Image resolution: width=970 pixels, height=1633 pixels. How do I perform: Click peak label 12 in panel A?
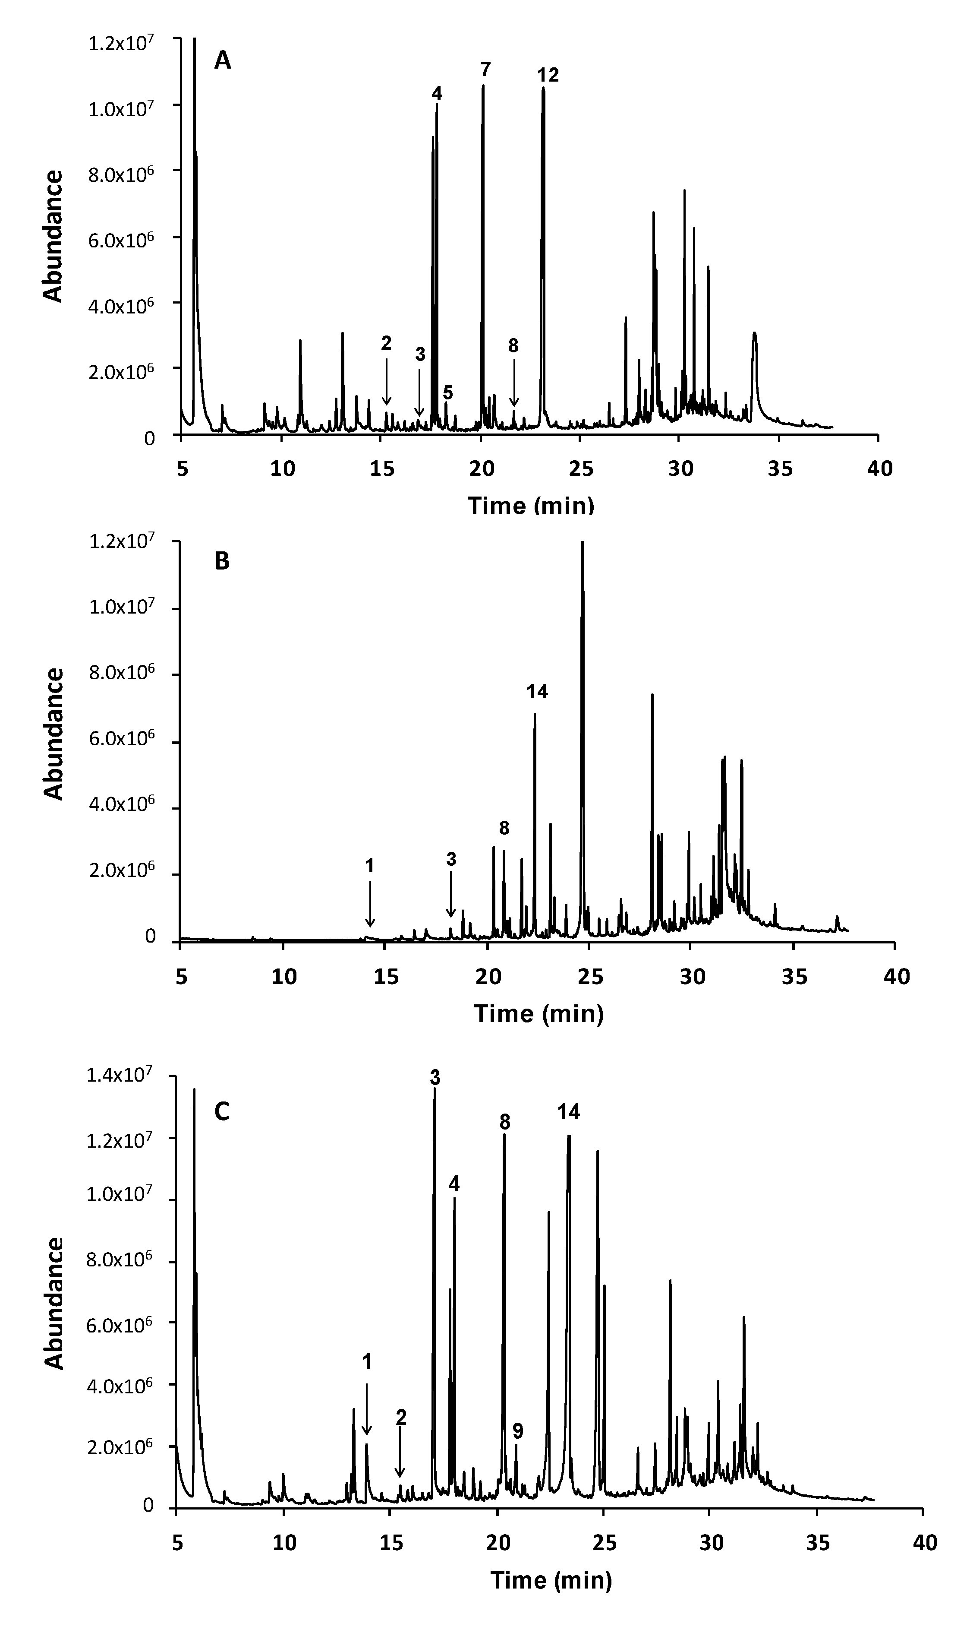(548, 75)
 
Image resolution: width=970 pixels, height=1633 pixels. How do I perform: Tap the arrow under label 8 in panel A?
(514, 383)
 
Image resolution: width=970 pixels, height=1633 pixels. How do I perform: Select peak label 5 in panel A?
(448, 392)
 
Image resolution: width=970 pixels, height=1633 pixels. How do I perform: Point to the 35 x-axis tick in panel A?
(778, 469)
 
